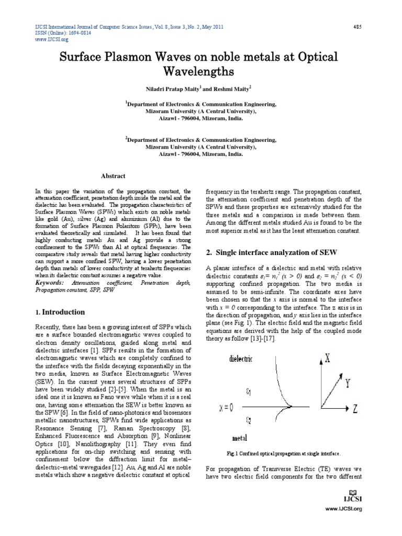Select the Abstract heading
[x=113, y=176]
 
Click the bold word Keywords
[x=50, y=282]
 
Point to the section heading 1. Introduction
[x=60, y=312]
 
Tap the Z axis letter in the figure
[x=354, y=409]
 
